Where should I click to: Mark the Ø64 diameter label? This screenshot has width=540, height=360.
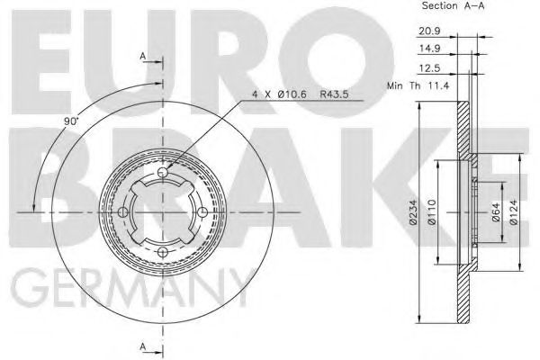[x=495, y=214]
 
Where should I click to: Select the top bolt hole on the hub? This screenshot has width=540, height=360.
[x=162, y=173]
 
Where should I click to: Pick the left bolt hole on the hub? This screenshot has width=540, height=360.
[x=122, y=213]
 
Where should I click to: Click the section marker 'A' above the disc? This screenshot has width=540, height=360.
[x=144, y=58]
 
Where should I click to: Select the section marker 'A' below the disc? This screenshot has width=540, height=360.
[x=144, y=346]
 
